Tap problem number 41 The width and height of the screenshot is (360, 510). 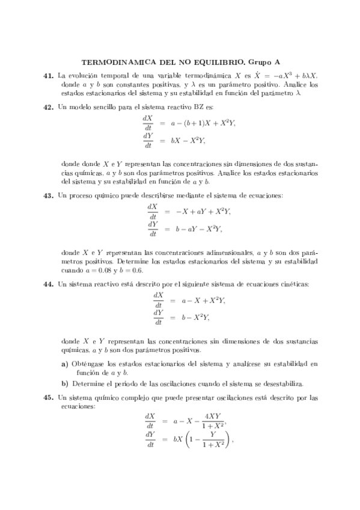pos(49,76)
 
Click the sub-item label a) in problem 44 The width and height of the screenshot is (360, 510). pos(65,364)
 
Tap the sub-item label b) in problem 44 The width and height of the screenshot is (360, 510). pos(65,383)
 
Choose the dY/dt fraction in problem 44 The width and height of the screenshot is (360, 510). pos(159,317)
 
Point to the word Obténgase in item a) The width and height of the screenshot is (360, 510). pos(89,364)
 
